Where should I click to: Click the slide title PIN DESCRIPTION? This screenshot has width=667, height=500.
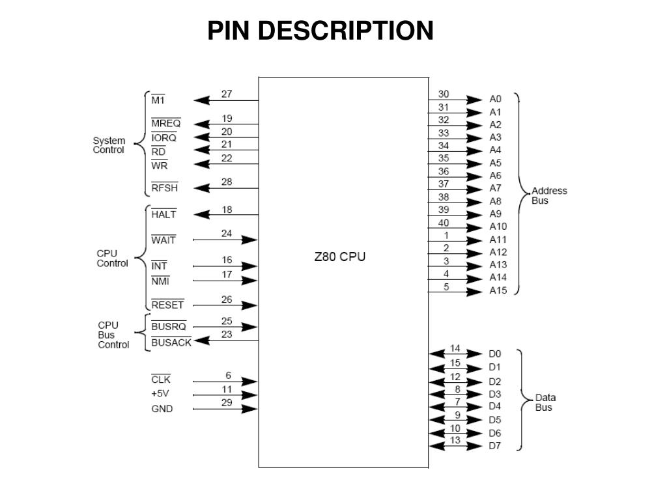pyautogui.click(x=320, y=31)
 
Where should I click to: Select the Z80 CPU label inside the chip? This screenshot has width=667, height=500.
pyautogui.click(x=339, y=257)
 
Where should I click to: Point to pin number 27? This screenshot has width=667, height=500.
pyautogui.click(x=227, y=94)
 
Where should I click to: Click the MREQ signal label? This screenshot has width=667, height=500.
pyautogui.click(x=166, y=124)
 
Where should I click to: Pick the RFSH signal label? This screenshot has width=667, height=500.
pyautogui.click(x=164, y=188)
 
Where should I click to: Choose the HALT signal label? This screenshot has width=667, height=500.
pyautogui.click(x=163, y=214)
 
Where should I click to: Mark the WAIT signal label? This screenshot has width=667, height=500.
pyautogui.click(x=163, y=240)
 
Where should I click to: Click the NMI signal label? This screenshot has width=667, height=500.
pyautogui.click(x=160, y=281)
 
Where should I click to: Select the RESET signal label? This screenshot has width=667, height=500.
pyautogui.click(x=167, y=305)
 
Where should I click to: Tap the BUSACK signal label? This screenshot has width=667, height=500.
pyautogui.click(x=171, y=342)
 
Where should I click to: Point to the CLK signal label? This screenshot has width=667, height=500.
pyautogui.click(x=160, y=380)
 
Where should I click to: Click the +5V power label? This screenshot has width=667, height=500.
pyautogui.click(x=161, y=394)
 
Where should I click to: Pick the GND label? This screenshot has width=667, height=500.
pyautogui.click(x=162, y=409)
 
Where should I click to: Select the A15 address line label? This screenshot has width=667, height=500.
pyautogui.click(x=498, y=290)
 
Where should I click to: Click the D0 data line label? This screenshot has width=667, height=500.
pyautogui.click(x=495, y=354)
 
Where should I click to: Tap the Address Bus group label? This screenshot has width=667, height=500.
pyautogui.click(x=549, y=195)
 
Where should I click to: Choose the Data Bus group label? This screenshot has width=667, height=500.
pyautogui.click(x=545, y=402)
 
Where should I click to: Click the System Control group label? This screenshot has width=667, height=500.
pyautogui.click(x=109, y=145)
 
